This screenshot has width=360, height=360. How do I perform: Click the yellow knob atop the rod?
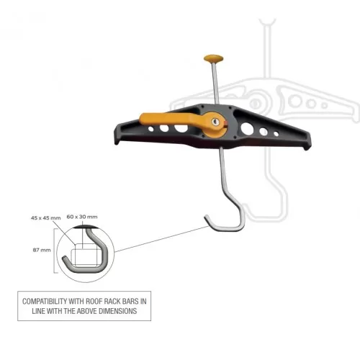click(213, 58)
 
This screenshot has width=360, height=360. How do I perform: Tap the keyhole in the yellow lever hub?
click(215, 122)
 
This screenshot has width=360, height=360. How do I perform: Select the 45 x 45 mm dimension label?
click(46, 218)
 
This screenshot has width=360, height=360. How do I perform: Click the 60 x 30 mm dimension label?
click(82, 217)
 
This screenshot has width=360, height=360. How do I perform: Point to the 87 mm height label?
click(42, 250)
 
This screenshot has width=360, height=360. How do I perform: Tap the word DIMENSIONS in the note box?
click(118, 311)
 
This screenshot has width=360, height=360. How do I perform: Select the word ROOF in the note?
click(94, 302)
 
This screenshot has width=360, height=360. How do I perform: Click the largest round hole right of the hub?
click(247, 128)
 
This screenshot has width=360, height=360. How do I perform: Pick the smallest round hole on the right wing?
click(276, 134)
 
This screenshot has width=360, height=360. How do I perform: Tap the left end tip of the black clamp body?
click(117, 142)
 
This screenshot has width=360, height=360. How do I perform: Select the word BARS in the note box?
click(130, 302)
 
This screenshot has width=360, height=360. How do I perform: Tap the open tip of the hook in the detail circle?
click(64, 258)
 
